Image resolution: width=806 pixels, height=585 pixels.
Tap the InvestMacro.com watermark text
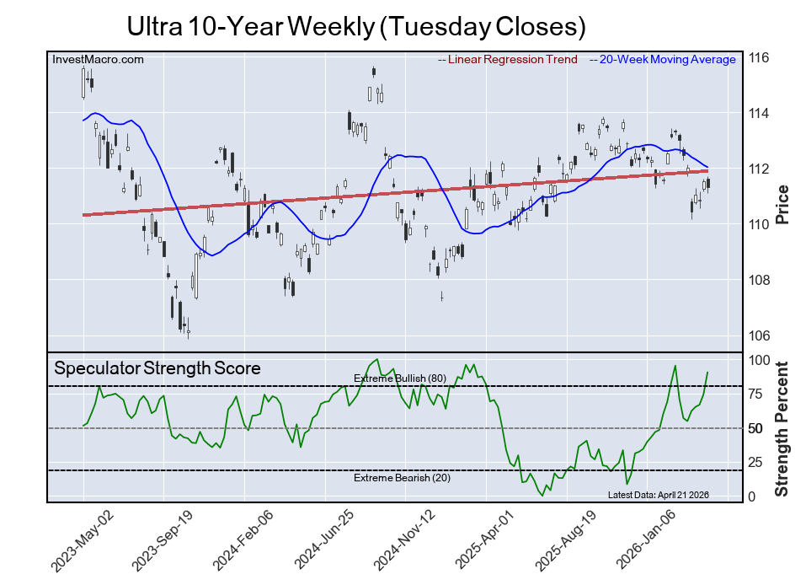tap(98, 59)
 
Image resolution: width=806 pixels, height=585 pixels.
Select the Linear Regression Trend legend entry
tap(508, 60)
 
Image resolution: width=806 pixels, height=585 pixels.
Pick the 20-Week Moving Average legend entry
tap(662, 60)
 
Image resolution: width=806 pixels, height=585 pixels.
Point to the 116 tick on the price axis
tap(758, 57)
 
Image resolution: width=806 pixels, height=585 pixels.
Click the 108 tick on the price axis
tap(758, 280)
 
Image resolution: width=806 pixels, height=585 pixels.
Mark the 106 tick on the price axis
tap(758, 335)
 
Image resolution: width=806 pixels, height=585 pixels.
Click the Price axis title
tap(782, 204)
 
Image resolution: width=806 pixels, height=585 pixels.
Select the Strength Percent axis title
tap(782, 428)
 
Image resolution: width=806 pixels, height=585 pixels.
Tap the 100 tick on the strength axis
tap(758, 360)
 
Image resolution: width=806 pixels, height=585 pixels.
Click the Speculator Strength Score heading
tap(157, 368)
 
